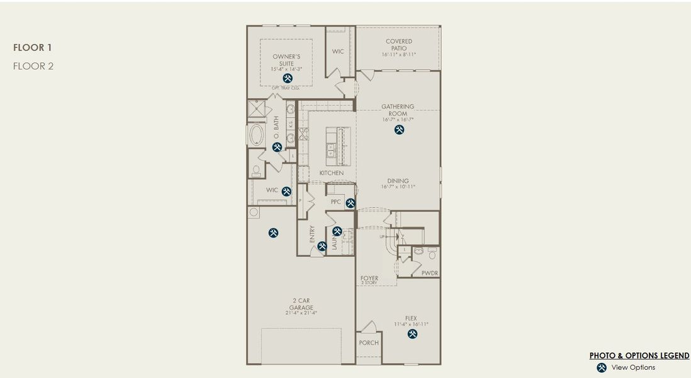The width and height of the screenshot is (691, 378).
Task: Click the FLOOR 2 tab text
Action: [33, 66]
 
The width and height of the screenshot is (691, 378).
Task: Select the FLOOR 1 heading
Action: [33, 47]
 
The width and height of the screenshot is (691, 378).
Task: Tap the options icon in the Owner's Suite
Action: [288, 78]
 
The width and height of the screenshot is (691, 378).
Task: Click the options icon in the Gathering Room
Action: [399, 129]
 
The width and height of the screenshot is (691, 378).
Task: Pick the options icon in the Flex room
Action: [413, 334]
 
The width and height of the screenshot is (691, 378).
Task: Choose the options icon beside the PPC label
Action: [351, 203]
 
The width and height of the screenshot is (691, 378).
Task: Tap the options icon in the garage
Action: [273, 232]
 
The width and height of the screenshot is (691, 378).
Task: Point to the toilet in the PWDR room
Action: [432, 255]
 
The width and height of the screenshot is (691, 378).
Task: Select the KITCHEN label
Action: [331, 173]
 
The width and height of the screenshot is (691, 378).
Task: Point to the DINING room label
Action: [398, 180]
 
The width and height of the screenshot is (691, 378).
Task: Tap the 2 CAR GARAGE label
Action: [301, 304]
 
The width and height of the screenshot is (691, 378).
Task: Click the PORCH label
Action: [369, 343]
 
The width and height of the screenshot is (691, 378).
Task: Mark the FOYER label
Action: [369, 278]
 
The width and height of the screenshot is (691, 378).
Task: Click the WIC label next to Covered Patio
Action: [338, 52]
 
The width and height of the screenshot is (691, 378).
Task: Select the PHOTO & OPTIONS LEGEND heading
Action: [639, 356]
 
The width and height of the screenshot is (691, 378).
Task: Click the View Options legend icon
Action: [602, 367]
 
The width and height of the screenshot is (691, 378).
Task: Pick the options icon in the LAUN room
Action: [337, 231]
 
